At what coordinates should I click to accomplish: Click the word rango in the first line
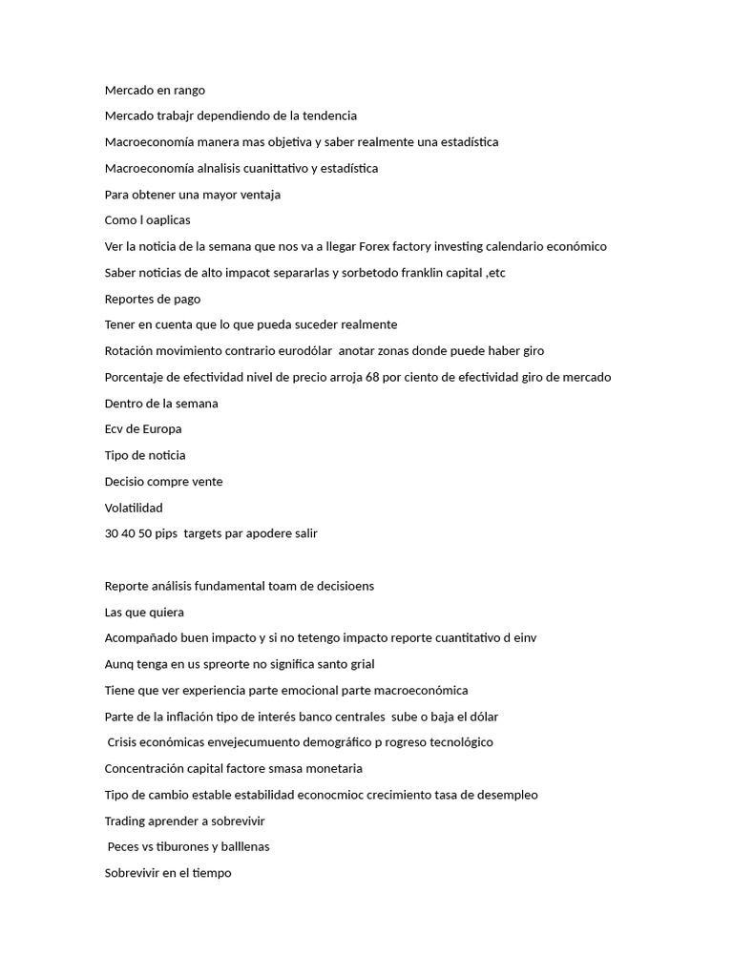tap(188, 91)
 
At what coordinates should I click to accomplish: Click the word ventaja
tap(257, 195)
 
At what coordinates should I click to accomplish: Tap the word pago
tap(185, 299)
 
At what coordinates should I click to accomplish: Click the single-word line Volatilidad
tap(134, 508)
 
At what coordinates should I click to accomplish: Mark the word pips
tap(170, 533)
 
